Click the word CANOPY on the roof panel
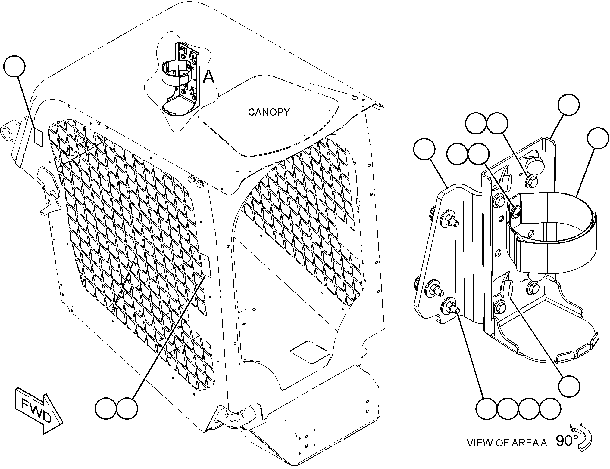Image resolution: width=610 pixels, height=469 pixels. [268, 112]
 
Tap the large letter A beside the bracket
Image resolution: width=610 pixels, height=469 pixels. [209, 77]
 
